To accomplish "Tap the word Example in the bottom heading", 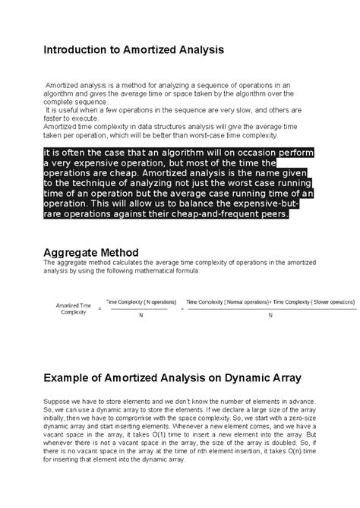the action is click(74, 377).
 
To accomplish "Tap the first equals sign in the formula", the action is click(100, 308).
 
